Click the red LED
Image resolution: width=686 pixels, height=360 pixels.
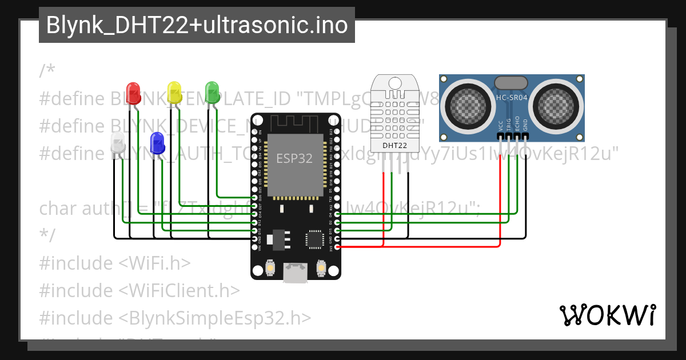click(133, 91)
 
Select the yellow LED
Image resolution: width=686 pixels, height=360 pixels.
click(174, 91)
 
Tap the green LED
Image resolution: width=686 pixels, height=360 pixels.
click(212, 91)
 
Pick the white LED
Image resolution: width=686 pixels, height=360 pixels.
click(117, 142)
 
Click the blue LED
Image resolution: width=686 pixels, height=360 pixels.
click(157, 142)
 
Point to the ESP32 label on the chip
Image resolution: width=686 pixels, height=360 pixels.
click(294, 159)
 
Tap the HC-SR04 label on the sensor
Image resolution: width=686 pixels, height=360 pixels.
click(512, 97)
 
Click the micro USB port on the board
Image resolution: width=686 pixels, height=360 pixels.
click(296, 273)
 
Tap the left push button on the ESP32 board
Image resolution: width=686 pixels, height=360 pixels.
click(271, 266)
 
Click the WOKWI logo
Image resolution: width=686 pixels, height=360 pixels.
click(607, 315)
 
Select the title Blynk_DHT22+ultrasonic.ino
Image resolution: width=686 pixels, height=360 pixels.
click(197, 25)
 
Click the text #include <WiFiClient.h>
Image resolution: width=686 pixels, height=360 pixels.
click(139, 290)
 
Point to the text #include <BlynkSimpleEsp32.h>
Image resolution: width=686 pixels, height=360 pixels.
click(176, 318)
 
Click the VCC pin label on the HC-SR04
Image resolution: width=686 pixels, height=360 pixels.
click(501, 126)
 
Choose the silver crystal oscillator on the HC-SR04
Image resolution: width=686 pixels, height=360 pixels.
click(512, 83)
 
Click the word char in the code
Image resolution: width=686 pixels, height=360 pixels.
click(58, 208)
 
